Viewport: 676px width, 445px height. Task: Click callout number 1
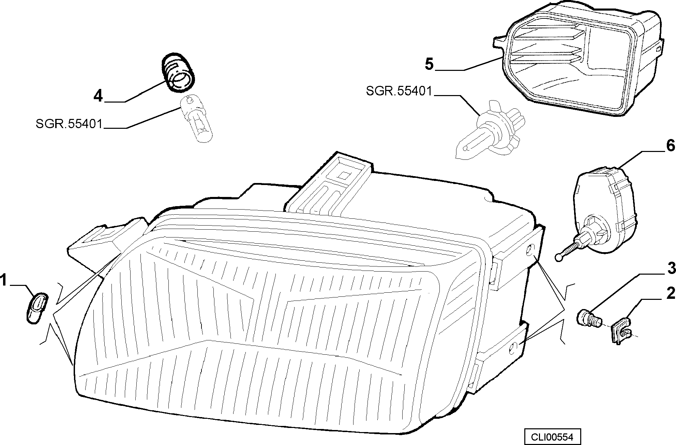(4, 281)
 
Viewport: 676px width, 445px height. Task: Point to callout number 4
(98, 96)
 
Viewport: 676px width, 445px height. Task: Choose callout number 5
(430, 64)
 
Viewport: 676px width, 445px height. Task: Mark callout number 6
(670, 146)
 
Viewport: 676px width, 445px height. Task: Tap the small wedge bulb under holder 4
(197, 120)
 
